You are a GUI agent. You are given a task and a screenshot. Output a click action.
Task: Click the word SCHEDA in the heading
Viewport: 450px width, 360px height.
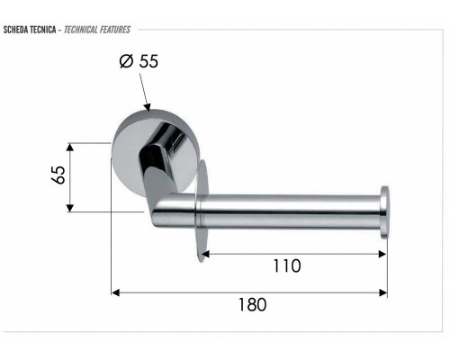[16, 30]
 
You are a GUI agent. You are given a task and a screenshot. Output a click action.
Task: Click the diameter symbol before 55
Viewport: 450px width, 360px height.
[126, 61]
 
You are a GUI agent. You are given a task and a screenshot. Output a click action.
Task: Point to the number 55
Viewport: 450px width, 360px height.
[148, 61]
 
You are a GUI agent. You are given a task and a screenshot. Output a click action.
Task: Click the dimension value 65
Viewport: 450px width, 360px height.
[58, 175]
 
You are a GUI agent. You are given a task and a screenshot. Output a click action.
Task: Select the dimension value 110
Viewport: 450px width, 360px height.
[287, 266]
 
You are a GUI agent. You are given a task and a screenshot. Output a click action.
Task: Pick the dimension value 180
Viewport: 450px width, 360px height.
[252, 305]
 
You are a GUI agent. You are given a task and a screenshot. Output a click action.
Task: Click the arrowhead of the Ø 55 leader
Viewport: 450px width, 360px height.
[147, 107]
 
